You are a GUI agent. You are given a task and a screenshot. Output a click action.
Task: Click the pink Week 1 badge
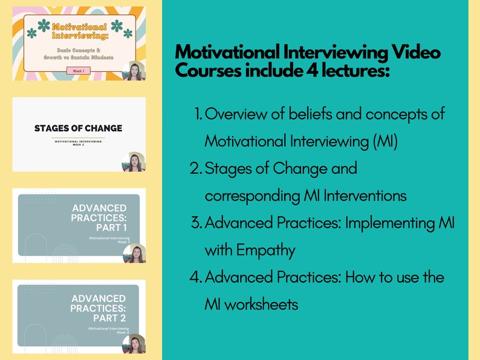79,71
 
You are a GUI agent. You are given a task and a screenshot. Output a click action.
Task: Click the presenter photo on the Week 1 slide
133,71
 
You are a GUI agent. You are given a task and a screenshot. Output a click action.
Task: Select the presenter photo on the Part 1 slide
134,253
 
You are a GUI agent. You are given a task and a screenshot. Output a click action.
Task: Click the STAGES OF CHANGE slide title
78,128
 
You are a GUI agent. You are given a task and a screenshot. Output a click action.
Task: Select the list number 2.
196,169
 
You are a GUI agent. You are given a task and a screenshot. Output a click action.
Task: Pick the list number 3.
196,223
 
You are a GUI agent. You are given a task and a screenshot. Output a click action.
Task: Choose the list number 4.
196,277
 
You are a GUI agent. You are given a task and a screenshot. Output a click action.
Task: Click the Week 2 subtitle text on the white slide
78,143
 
